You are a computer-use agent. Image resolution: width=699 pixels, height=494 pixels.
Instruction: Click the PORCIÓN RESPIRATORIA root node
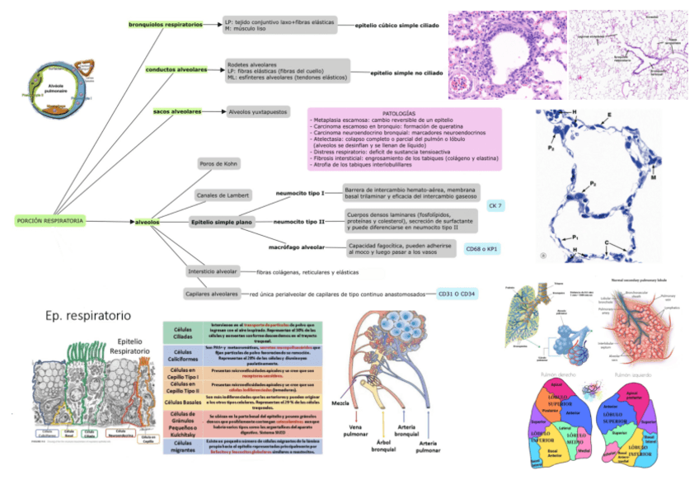[50, 221]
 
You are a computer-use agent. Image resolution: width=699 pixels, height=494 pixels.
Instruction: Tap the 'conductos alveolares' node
[176, 70]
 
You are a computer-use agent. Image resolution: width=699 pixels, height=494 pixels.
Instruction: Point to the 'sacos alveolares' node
[177, 111]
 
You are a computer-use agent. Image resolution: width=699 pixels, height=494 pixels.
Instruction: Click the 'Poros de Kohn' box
[219, 164]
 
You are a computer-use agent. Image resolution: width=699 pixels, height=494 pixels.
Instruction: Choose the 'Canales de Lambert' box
[223, 195]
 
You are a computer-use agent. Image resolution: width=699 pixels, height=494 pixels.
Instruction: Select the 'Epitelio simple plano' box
[222, 222]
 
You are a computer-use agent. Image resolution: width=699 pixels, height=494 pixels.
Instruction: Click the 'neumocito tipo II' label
[299, 222]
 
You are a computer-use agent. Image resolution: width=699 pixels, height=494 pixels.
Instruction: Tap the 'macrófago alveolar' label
[296, 247]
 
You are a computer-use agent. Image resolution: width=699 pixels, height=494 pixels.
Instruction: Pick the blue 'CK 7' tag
[496, 205]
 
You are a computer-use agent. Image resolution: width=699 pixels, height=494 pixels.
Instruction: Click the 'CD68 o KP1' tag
[484, 248]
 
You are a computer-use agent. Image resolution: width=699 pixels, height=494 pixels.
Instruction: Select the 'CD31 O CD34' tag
[457, 293]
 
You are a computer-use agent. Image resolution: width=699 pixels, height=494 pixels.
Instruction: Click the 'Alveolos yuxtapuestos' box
[258, 111]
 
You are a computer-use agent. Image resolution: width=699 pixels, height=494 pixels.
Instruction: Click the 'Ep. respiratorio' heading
[88, 314]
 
